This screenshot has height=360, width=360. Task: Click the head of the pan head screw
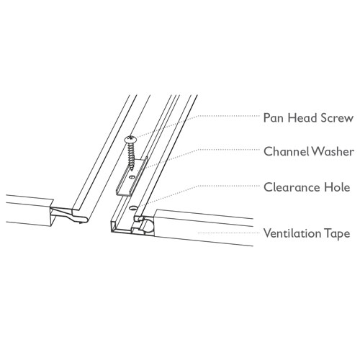130,139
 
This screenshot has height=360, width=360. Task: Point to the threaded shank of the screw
130,153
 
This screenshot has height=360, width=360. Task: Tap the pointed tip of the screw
131,169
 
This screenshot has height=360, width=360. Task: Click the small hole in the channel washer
130,177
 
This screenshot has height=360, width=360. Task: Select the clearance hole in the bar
132,208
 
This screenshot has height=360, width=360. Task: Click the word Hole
337,187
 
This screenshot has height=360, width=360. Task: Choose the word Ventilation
292,233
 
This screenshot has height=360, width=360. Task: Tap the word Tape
337,234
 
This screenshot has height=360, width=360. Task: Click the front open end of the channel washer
121,193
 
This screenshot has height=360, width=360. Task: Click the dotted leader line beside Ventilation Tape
228,233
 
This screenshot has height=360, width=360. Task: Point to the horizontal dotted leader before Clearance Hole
229,186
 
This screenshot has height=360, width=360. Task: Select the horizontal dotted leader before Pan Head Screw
229,116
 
